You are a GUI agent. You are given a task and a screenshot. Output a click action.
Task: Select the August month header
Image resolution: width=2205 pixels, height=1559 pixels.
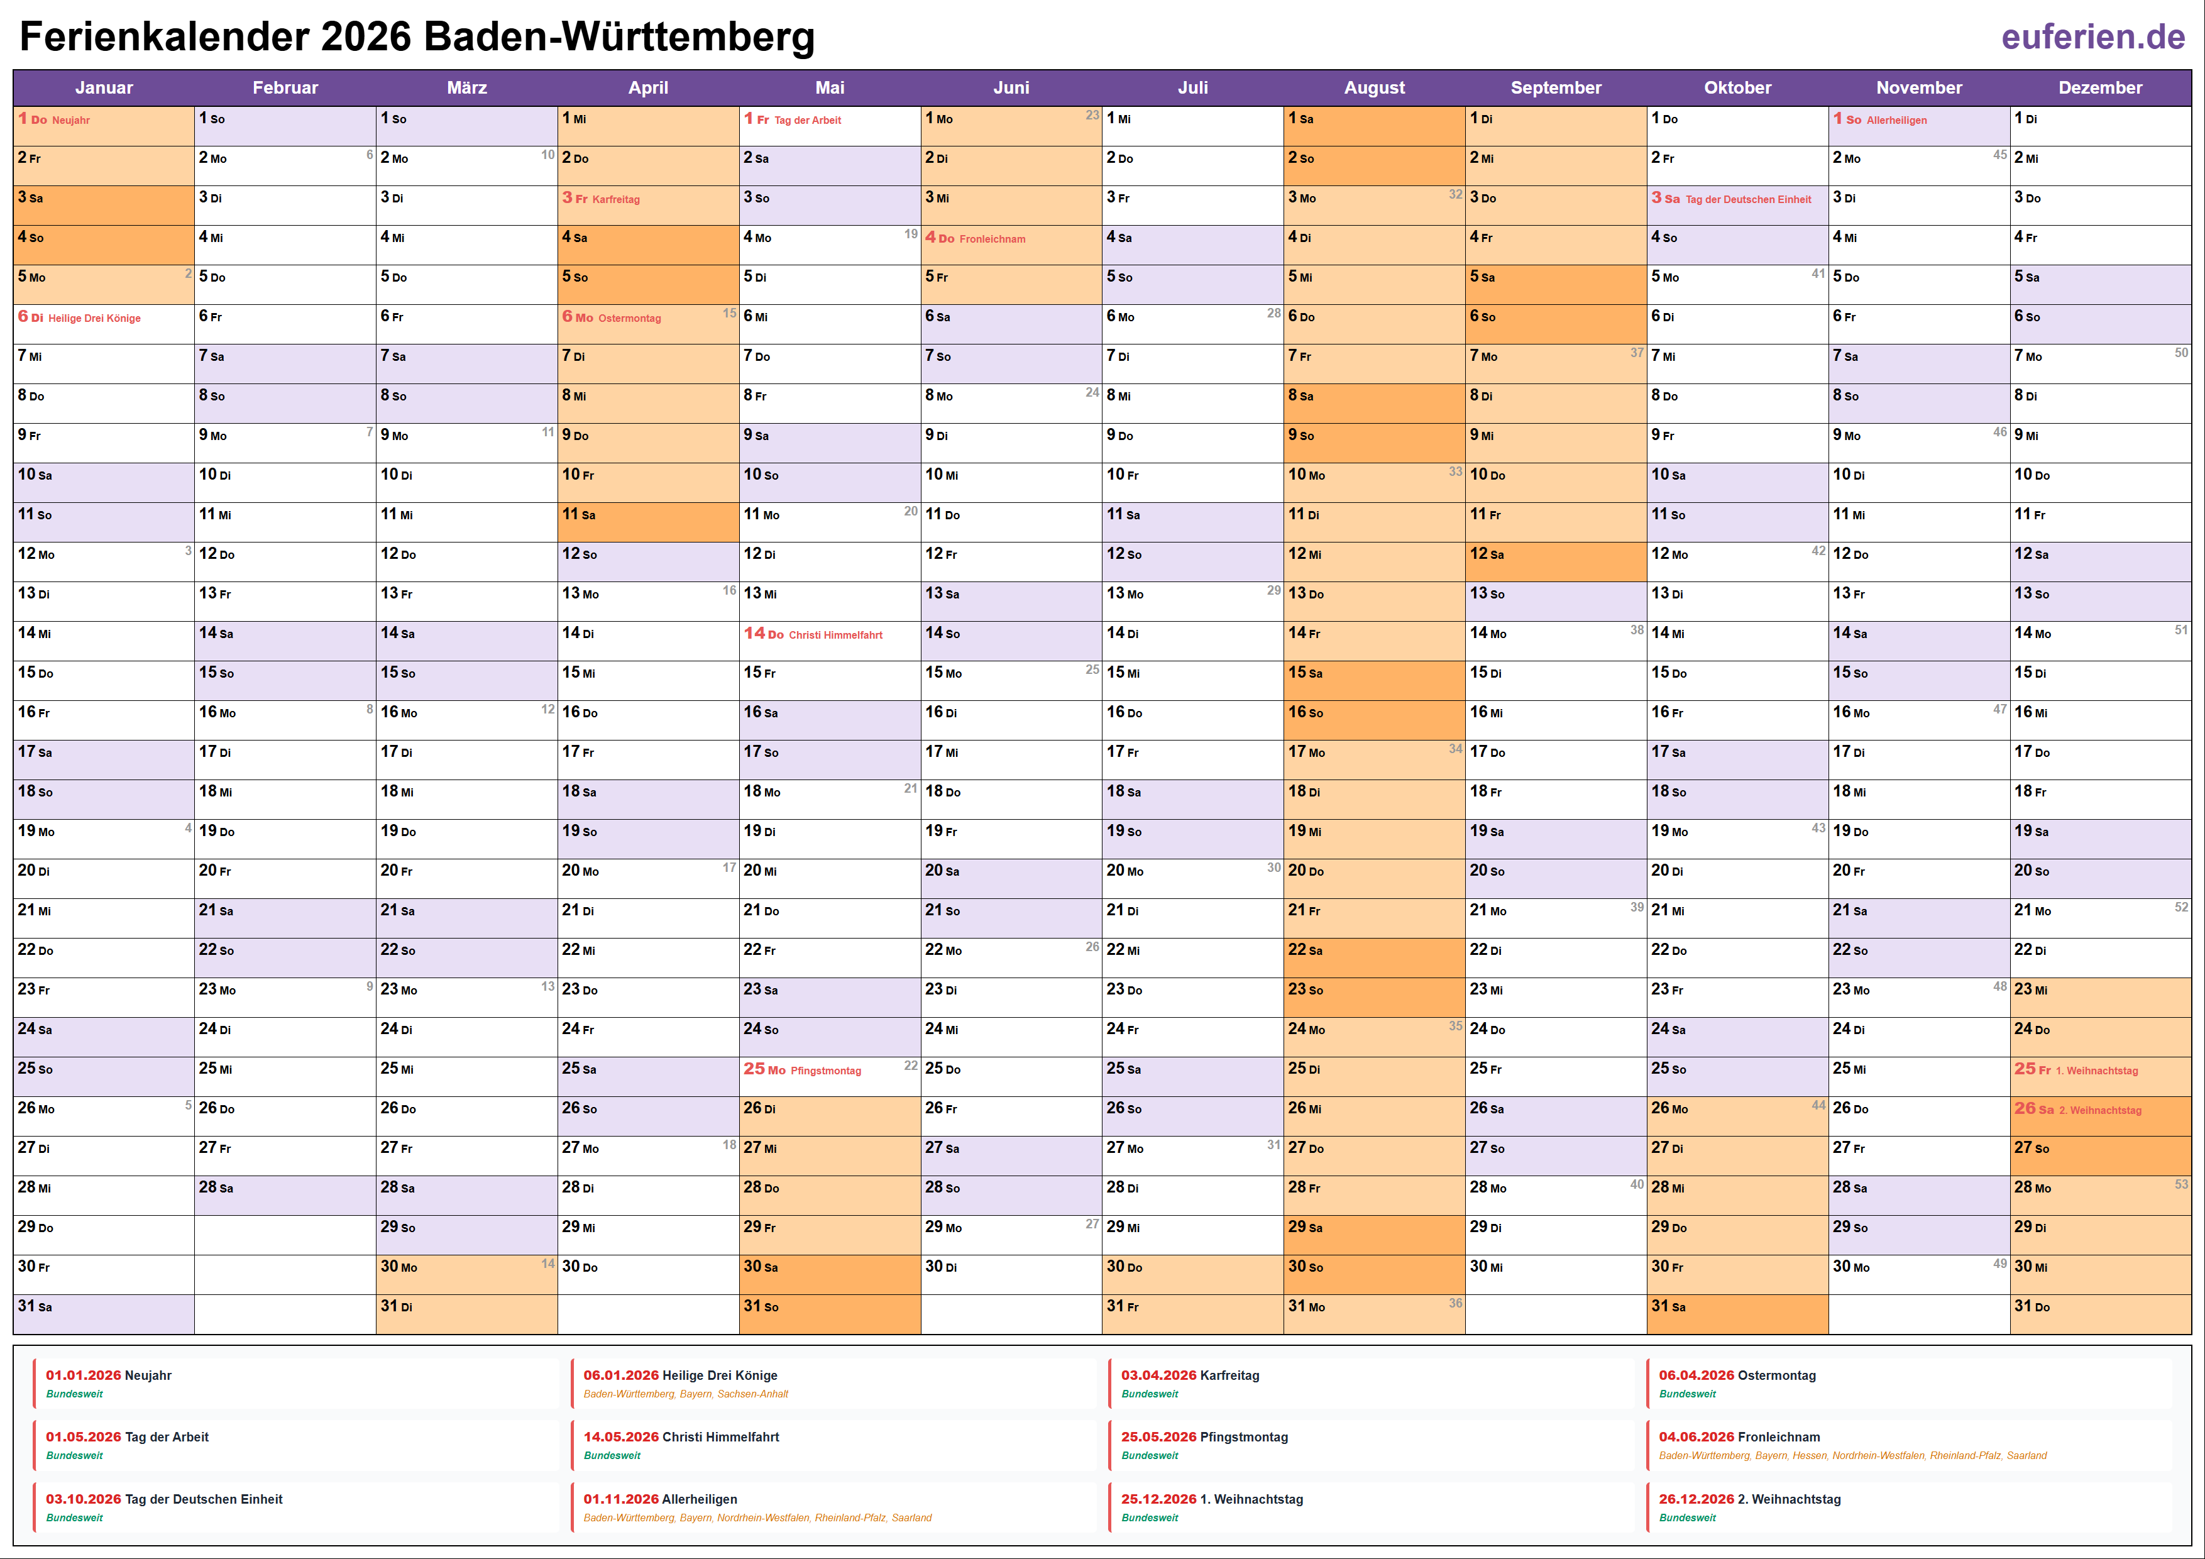(1373, 87)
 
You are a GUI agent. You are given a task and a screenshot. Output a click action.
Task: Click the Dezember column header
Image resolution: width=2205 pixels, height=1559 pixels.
(2099, 87)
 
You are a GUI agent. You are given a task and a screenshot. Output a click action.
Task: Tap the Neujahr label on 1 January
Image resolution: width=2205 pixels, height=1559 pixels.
(70, 120)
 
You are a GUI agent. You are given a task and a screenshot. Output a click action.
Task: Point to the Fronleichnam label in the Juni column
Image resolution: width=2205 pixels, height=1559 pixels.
(992, 239)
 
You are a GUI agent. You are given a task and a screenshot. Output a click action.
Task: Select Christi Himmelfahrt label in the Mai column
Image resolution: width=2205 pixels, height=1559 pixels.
(835, 635)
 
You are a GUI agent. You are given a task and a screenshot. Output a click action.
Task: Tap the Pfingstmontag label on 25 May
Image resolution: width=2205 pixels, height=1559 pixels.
(826, 1070)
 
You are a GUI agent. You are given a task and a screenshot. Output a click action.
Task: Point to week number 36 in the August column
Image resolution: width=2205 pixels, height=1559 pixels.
(1455, 1304)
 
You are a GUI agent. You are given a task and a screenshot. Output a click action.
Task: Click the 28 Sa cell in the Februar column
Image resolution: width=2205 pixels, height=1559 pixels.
(284, 1188)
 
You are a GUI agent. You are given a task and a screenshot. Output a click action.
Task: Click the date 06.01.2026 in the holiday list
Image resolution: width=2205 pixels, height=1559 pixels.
(620, 1375)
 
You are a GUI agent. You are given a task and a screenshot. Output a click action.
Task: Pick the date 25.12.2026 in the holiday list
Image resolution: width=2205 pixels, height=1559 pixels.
(1158, 1499)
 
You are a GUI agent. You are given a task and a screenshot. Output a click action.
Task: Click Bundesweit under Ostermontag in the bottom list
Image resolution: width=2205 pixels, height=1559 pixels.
(1686, 1394)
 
